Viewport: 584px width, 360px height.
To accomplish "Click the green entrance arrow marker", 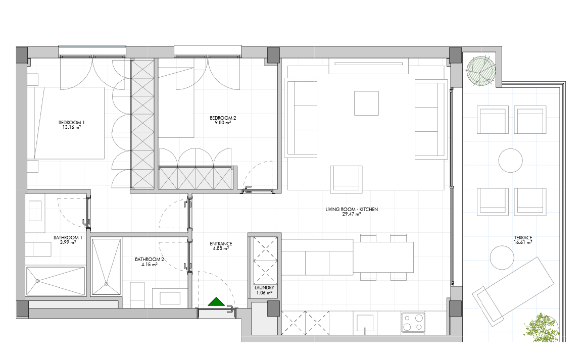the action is pyautogui.click(x=216, y=302).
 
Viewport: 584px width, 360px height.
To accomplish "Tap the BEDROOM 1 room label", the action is pyautogui.click(x=72, y=123).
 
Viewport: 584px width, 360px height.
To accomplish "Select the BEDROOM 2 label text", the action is pyautogui.click(x=223, y=118).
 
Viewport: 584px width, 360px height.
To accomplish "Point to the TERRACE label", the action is pyautogui.click(x=523, y=237).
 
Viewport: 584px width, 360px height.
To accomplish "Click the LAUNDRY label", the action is pyautogui.click(x=264, y=288).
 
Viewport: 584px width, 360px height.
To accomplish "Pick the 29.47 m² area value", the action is pyautogui.click(x=351, y=214).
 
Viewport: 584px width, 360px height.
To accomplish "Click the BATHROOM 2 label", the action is pyautogui.click(x=150, y=260).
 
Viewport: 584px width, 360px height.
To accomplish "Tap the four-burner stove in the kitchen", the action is pyautogui.click(x=413, y=323).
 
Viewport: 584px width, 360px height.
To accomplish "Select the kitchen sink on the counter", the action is pyautogui.click(x=365, y=323).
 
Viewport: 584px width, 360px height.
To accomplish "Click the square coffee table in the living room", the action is pyautogui.click(x=366, y=103).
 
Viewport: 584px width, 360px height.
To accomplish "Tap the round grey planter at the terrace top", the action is pyautogui.click(x=481, y=71).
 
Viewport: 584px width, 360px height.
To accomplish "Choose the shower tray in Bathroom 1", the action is pyautogui.click(x=56, y=281).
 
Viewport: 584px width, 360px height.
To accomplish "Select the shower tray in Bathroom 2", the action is pyautogui.click(x=106, y=267).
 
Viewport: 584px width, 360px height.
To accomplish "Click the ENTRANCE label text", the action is pyautogui.click(x=221, y=244).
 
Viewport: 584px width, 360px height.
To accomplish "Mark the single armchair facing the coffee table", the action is pyautogui.click(x=347, y=179).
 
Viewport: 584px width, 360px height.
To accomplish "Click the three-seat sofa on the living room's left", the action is pyautogui.click(x=301, y=117).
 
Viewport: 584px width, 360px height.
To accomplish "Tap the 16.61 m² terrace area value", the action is pyautogui.click(x=523, y=242).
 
